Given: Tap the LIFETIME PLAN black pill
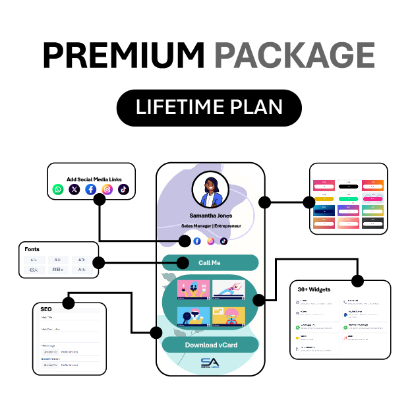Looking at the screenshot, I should tap(209, 107).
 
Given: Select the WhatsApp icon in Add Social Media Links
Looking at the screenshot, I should tap(58, 190).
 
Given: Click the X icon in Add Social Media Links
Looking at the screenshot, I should tap(74, 190).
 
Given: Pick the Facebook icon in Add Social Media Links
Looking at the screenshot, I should tap(91, 190).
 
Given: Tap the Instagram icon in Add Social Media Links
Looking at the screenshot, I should tap(107, 190).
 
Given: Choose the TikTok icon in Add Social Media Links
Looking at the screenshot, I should tap(124, 190).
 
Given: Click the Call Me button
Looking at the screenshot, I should tap(210, 263).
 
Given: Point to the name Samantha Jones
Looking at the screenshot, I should tap(210, 215).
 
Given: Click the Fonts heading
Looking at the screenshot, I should tap(32, 250).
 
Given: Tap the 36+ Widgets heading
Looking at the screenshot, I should tap(314, 289).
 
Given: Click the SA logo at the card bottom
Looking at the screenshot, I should tap(210, 363).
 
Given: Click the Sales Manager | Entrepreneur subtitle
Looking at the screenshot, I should tap(210, 226).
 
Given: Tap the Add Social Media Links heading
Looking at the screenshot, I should tap(94, 179).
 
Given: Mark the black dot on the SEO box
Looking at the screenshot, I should tap(68, 303).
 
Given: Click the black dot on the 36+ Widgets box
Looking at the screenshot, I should tap(357, 281).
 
